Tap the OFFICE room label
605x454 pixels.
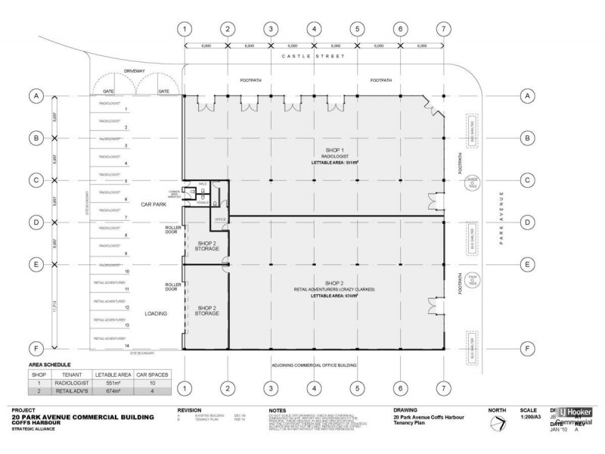(221, 219)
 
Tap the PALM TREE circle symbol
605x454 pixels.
(472, 278)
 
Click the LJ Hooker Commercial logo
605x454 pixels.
(578, 418)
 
